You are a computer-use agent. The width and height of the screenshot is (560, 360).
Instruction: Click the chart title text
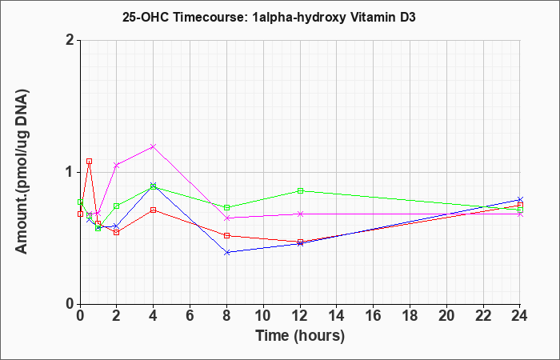click(269, 17)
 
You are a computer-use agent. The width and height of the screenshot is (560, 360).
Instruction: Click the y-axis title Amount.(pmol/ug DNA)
click(22, 172)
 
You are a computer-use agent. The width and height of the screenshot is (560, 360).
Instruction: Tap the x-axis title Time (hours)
click(300, 336)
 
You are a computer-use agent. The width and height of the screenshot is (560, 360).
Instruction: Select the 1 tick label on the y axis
click(70, 173)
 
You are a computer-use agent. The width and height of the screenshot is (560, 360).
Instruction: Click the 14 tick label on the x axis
click(337, 316)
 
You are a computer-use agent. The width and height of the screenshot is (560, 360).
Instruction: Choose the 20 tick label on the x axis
click(446, 316)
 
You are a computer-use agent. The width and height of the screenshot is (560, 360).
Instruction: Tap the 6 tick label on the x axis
click(190, 316)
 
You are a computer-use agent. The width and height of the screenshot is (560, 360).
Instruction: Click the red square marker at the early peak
click(90, 162)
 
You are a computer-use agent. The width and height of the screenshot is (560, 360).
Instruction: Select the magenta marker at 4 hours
click(154, 146)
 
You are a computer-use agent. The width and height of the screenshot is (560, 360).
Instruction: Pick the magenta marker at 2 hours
click(117, 166)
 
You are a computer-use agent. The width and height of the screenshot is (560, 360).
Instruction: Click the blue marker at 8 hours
click(226, 253)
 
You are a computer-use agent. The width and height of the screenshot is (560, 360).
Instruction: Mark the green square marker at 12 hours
click(300, 190)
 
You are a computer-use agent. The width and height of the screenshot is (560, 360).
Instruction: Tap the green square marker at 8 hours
click(226, 207)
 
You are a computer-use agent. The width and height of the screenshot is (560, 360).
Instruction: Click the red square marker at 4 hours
click(154, 210)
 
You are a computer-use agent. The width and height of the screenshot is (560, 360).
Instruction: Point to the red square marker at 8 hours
click(226, 236)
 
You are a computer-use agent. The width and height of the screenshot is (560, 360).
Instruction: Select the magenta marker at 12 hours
click(300, 214)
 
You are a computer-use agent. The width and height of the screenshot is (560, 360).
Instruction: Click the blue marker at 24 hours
click(520, 199)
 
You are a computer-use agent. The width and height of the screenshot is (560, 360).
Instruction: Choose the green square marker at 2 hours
click(117, 206)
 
